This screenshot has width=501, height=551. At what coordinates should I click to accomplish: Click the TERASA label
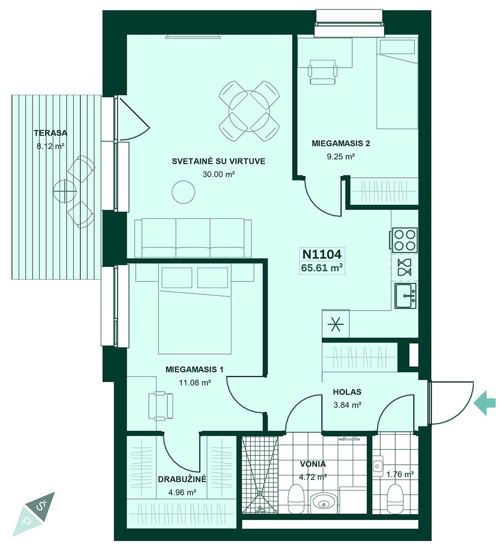pos(51,133)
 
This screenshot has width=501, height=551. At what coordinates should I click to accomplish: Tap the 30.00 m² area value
pos(218,174)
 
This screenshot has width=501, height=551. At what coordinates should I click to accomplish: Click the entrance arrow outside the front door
pos(485,403)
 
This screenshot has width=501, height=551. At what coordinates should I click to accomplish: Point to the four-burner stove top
pos(404,240)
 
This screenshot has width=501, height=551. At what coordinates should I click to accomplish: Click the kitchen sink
pos(405,296)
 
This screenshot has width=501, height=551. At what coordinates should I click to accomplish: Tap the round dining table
pos(249,111)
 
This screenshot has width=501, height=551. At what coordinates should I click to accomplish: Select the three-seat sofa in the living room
pos(193,238)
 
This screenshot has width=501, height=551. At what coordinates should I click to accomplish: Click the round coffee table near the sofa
pos(183,191)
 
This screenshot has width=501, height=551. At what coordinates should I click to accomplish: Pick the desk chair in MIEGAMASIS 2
pos(323,72)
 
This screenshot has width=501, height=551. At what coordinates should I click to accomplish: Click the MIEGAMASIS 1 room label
pos(194,369)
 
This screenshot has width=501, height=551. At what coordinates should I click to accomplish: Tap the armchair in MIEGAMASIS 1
pos(161,406)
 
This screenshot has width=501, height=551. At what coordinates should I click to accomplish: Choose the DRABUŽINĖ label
pos(182,479)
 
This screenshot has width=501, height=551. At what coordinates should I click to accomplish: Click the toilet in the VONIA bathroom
pos(296,498)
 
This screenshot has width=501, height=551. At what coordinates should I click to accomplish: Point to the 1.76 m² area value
pos(400,474)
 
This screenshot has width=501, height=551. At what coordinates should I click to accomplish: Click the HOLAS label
pos(347,392)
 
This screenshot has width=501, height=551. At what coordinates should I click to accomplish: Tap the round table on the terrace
pos(65,191)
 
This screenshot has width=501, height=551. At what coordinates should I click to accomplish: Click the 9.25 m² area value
pos(340,156)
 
